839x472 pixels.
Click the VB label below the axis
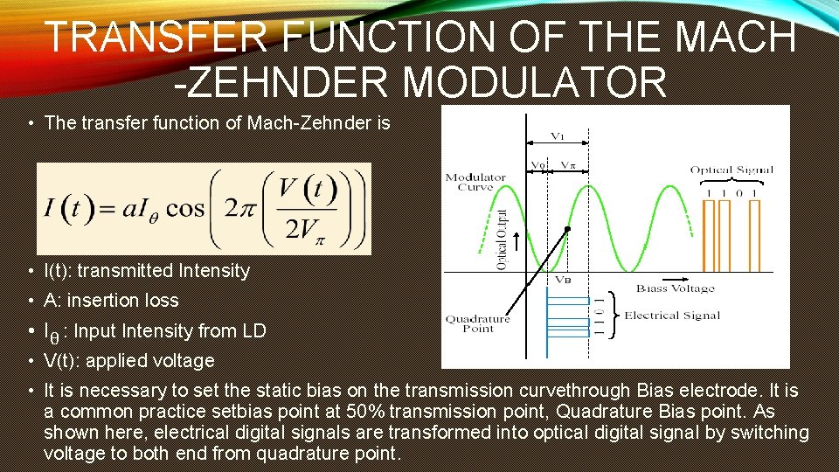pyautogui.click(x=564, y=281)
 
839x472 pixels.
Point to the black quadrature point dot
pyautogui.click(x=567, y=229)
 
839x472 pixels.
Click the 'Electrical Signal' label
pyautogui.click(x=671, y=315)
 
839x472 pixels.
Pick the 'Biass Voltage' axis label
pyautogui.click(x=675, y=288)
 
